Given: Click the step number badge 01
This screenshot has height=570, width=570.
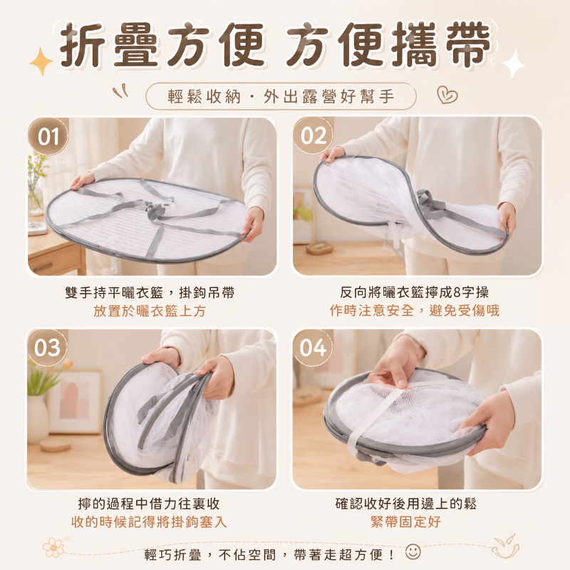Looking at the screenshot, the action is click(x=48, y=137).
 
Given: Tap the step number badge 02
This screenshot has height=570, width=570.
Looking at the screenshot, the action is click(x=313, y=136).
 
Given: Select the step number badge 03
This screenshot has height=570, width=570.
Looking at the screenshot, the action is click(x=47, y=348).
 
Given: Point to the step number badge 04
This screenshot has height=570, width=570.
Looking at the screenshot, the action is click(x=313, y=348).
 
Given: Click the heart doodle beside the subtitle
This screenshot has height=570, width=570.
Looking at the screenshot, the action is click(x=447, y=95).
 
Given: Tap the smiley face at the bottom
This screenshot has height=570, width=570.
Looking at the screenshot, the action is click(x=413, y=551).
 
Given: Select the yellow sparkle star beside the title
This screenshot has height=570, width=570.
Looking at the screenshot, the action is click(x=41, y=61).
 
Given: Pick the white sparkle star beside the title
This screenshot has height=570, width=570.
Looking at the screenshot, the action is click(x=513, y=63).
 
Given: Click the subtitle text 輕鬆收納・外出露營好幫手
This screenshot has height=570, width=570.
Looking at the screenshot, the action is click(x=281, y=97).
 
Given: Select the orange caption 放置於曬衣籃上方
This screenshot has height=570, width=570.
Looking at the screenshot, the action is click(x=150, y=311).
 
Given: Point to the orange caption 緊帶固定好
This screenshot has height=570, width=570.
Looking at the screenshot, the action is click(x=405, y=522).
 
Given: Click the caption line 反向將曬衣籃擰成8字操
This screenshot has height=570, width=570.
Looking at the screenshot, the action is click(x=414, y=292).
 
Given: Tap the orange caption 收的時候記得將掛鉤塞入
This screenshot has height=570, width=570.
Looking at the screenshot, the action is click(x=149, y=522).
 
